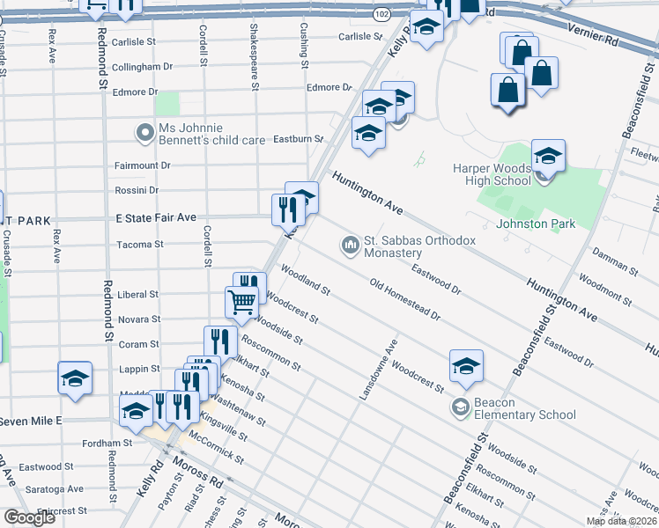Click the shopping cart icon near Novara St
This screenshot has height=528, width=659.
241,301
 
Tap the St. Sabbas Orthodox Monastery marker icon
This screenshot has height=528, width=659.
351,243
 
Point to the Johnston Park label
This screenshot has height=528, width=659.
536,224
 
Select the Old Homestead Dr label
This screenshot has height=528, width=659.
404,300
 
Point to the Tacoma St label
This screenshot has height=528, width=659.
140,244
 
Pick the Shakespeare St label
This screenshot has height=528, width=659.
255,56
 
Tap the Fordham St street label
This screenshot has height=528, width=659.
110,444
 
